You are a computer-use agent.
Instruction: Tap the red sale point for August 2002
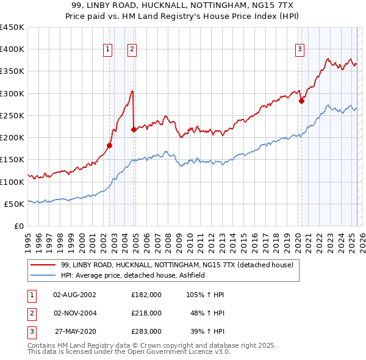click(x=110, y=145)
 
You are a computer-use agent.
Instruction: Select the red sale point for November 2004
click(x=134, y=129)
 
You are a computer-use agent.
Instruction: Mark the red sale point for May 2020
click(x=301, y=101)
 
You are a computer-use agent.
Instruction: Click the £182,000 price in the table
click(x=146, y=294)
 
